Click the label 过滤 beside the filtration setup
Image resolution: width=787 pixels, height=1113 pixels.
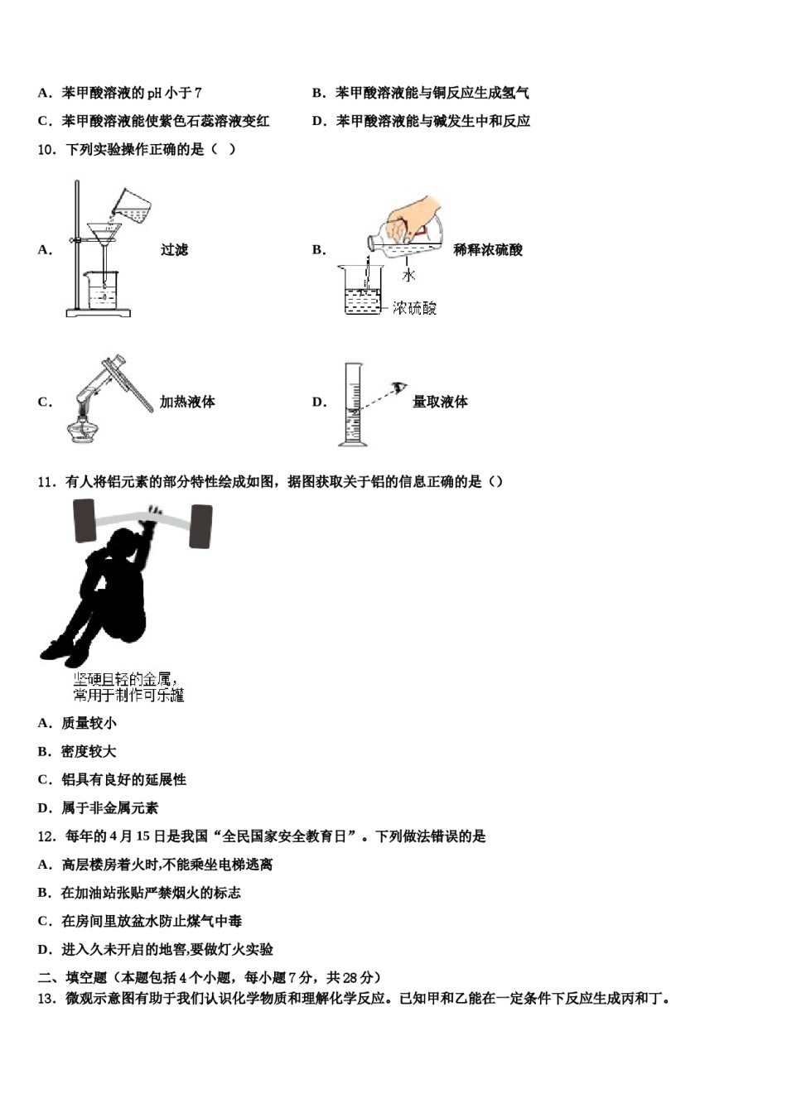click(174, 250)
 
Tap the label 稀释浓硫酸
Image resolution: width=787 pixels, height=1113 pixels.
click(488, 250)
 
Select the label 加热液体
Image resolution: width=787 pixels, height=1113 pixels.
click(187, 402)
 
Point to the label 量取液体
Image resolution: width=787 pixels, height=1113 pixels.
click(440, 402)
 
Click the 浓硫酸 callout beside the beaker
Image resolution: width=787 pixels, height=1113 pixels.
click(414, 308)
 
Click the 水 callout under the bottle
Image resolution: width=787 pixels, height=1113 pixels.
click(408, 275)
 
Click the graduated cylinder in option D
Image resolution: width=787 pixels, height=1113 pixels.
click(354, 406)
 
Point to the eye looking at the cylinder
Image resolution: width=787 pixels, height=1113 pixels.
click(402, 387)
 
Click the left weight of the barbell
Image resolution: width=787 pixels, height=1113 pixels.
click(85, 522)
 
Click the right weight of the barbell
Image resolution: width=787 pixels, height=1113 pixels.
click(200, 527)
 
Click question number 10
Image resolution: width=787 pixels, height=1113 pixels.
click(46, 149)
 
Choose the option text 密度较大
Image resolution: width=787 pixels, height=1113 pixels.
click(89, 751)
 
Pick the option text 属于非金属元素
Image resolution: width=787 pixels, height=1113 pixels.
click(109, 807)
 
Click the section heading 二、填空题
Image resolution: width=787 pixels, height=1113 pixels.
click(73, 977)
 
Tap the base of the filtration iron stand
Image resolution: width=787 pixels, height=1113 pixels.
click(99, 312)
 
